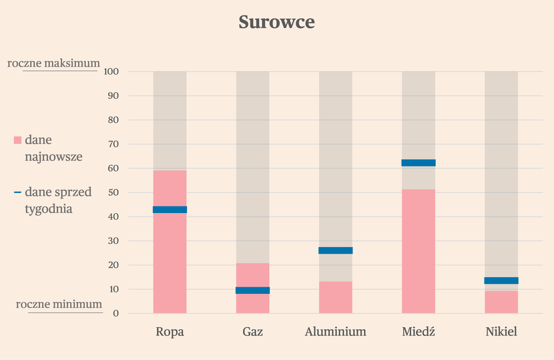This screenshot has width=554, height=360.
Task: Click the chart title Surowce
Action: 276,22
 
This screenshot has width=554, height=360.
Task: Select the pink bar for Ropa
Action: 170,242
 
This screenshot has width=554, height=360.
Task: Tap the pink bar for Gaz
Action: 252,289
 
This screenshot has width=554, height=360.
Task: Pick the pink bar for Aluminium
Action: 336,297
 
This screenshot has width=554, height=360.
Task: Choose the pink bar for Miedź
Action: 419,251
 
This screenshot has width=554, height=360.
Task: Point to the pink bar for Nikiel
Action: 501,302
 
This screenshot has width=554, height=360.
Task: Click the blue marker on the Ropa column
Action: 170,210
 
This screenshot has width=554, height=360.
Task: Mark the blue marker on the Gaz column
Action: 252,291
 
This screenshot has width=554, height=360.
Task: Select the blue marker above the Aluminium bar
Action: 336,250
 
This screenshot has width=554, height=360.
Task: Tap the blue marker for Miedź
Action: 419,163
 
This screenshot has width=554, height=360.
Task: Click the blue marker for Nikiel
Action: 501,281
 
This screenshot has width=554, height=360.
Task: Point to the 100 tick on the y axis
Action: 111,71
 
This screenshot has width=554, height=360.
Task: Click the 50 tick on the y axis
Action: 113,192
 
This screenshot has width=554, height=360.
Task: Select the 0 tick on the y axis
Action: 116,313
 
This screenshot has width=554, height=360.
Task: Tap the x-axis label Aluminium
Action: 336,332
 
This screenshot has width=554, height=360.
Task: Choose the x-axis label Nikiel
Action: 501,332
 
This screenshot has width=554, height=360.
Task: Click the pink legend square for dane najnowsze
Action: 17,140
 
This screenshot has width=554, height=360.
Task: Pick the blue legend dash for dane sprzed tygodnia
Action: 17,192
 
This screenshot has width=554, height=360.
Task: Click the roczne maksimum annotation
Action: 53,63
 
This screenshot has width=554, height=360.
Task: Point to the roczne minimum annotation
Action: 59,304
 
